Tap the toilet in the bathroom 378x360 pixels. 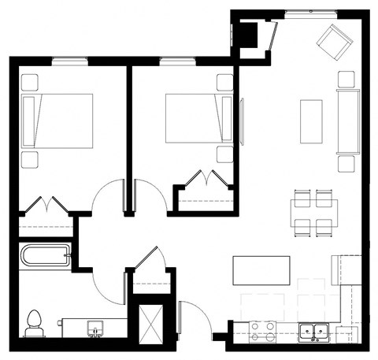coord(34,322)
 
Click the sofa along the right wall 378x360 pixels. coord(346,122)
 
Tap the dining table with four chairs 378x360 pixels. coord(313,213)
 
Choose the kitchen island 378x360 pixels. coord(261,270)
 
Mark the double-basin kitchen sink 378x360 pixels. coord(313,332)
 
